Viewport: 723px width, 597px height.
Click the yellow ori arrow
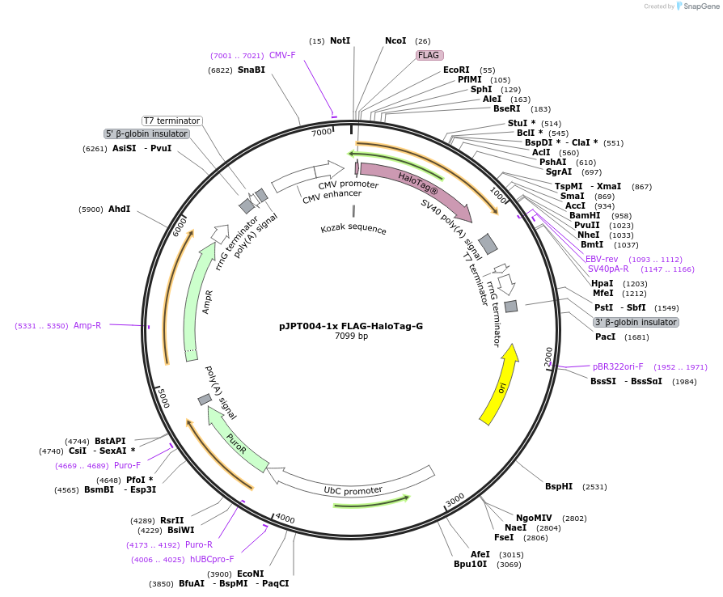point(499,387)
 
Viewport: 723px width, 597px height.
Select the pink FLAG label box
point(428,56)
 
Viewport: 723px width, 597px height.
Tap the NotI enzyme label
point(340,40)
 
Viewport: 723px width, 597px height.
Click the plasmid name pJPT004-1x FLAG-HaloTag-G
point(350,326)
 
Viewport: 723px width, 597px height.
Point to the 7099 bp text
point(351,337)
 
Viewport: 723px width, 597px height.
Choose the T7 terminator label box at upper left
point(171,121)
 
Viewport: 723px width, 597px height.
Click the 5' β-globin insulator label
point(146,133)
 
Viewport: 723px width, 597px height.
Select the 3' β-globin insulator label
point(636,322)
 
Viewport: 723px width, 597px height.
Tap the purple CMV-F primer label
point(282,55)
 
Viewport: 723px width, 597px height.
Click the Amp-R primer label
point(87,325)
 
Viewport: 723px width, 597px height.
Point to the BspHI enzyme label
point(559,486)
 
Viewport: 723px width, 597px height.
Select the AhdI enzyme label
point(119,209)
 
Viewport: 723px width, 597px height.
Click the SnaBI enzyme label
point(251,70)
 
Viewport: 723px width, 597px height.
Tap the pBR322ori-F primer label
point(618,366)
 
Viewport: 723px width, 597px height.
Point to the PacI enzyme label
point(605,337)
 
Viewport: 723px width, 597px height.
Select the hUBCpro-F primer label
point(212,559)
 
